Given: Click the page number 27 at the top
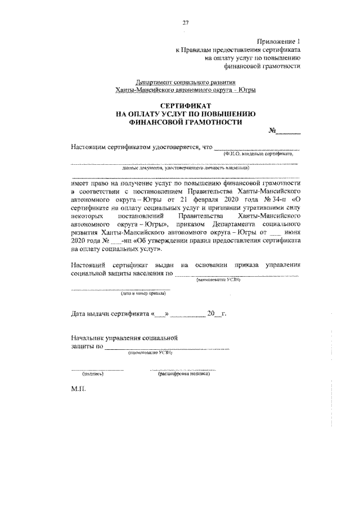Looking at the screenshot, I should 184,23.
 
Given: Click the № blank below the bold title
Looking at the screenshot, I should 286,133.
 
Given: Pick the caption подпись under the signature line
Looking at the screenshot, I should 93,373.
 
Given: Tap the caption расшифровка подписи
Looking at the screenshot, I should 184,373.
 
